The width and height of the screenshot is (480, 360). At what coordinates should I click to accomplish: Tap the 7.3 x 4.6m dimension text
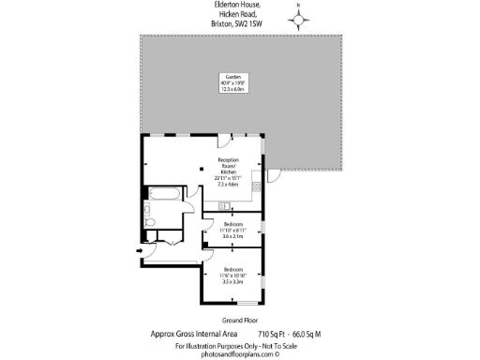pos(231,185)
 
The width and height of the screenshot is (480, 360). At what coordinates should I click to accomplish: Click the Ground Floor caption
pos(239,319)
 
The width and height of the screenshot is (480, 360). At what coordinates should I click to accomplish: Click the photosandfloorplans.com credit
pos(240,354)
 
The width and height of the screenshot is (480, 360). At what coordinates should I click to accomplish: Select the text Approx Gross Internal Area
pos(191,333)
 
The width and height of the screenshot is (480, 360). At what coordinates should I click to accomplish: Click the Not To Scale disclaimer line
pos(240,346)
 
